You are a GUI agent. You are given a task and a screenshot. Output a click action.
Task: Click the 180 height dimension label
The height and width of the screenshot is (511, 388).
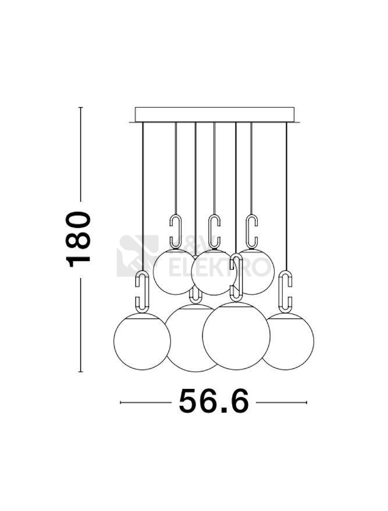79,239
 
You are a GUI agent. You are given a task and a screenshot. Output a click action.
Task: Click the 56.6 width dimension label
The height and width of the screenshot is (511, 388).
214,401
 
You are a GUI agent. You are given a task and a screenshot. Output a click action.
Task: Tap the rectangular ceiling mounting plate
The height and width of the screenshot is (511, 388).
215,115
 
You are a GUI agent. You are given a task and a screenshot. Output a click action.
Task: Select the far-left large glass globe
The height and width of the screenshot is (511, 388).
142,341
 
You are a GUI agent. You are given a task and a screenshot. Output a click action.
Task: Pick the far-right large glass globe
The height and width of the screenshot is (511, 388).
288,341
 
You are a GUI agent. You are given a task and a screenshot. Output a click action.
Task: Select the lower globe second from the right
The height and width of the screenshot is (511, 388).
236,336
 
